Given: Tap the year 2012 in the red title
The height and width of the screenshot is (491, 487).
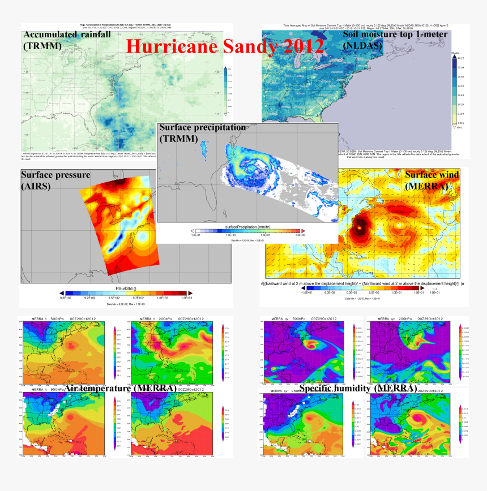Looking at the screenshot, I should tap(301, 46).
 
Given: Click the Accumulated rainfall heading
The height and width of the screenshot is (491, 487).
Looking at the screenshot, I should tap(67, 35).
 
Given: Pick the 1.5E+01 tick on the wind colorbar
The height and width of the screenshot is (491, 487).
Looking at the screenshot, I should tap(419, 292).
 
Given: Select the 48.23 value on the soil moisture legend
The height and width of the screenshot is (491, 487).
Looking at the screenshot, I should tap(461, 58).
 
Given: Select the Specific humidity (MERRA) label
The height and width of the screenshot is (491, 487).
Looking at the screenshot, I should tap(357, 388).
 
